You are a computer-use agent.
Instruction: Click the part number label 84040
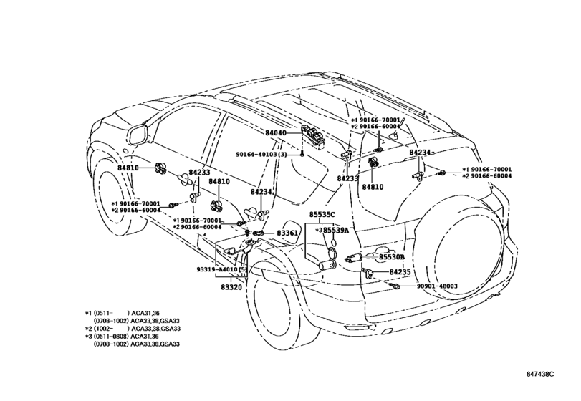pyautogui.click(x=275, y=132)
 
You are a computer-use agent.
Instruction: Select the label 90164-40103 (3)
pyautogui.click(x=261, y=154)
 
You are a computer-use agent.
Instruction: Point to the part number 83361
pyautogui.click(x=287, y=233)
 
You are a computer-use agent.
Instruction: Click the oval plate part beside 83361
pyautogui.click(x=259, y=233)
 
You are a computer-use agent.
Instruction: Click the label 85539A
pyautogui.click(x=336, y=231)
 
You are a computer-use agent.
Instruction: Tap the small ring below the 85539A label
pyautogui.click(x=333, y=242)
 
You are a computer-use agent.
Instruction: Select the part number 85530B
pyautogui.click(x=391, y=257)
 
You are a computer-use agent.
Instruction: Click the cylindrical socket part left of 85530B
pyautogui.click(x=353, y=258)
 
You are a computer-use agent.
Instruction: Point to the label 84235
pyautogui.click(x=400, y=272)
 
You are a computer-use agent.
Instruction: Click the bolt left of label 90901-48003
pyautogui.click(x=395, y=286)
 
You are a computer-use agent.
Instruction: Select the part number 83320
pyautogui.click(x=231, y=287)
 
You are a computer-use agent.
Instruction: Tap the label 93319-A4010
pyautogui.click(x=218, y=269)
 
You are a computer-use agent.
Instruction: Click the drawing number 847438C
pyautogui.click(x=540, y=374)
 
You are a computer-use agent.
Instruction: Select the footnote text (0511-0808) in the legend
pyautogui.click(x=111, y=337)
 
